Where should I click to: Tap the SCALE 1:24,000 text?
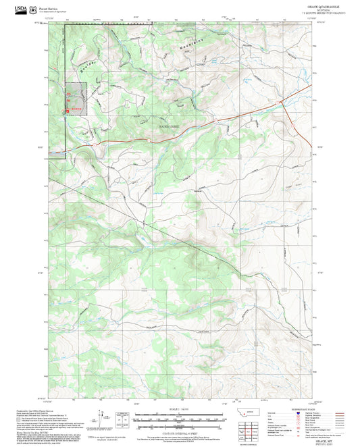(x=180, y=409)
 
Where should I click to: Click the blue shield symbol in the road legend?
(x=299, y=412)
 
